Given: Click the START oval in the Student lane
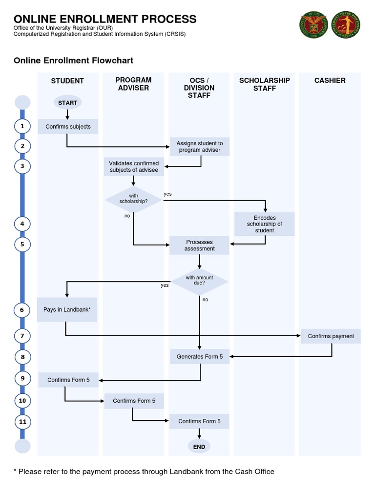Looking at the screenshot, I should coord(67,103).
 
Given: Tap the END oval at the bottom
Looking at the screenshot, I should coord(199,446).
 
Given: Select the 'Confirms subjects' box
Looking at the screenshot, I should coord(68,127).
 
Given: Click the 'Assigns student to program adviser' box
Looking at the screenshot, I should coord(199,147).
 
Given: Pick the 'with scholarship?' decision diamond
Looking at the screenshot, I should coord(133,199).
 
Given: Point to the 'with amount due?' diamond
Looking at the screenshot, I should coord(199,281).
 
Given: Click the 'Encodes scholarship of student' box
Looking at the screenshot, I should coord(264,224).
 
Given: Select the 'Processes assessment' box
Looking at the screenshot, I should coord(199,245).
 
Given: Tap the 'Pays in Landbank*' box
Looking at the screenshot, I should coord(67,310).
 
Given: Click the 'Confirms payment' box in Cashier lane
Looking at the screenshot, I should coord(331,336).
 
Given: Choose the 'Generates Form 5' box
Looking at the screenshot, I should coord(199,357).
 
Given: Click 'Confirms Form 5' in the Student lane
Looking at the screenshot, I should coord(68,380).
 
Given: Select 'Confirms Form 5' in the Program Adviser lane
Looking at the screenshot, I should coord(134,401).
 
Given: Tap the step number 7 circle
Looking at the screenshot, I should coord(22,336).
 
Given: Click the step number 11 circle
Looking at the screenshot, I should coord(22,421).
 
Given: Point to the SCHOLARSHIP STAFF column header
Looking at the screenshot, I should coord(264,84).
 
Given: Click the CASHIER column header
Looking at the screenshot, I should coord(330,80).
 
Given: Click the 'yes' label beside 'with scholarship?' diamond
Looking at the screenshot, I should coord(167,194).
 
